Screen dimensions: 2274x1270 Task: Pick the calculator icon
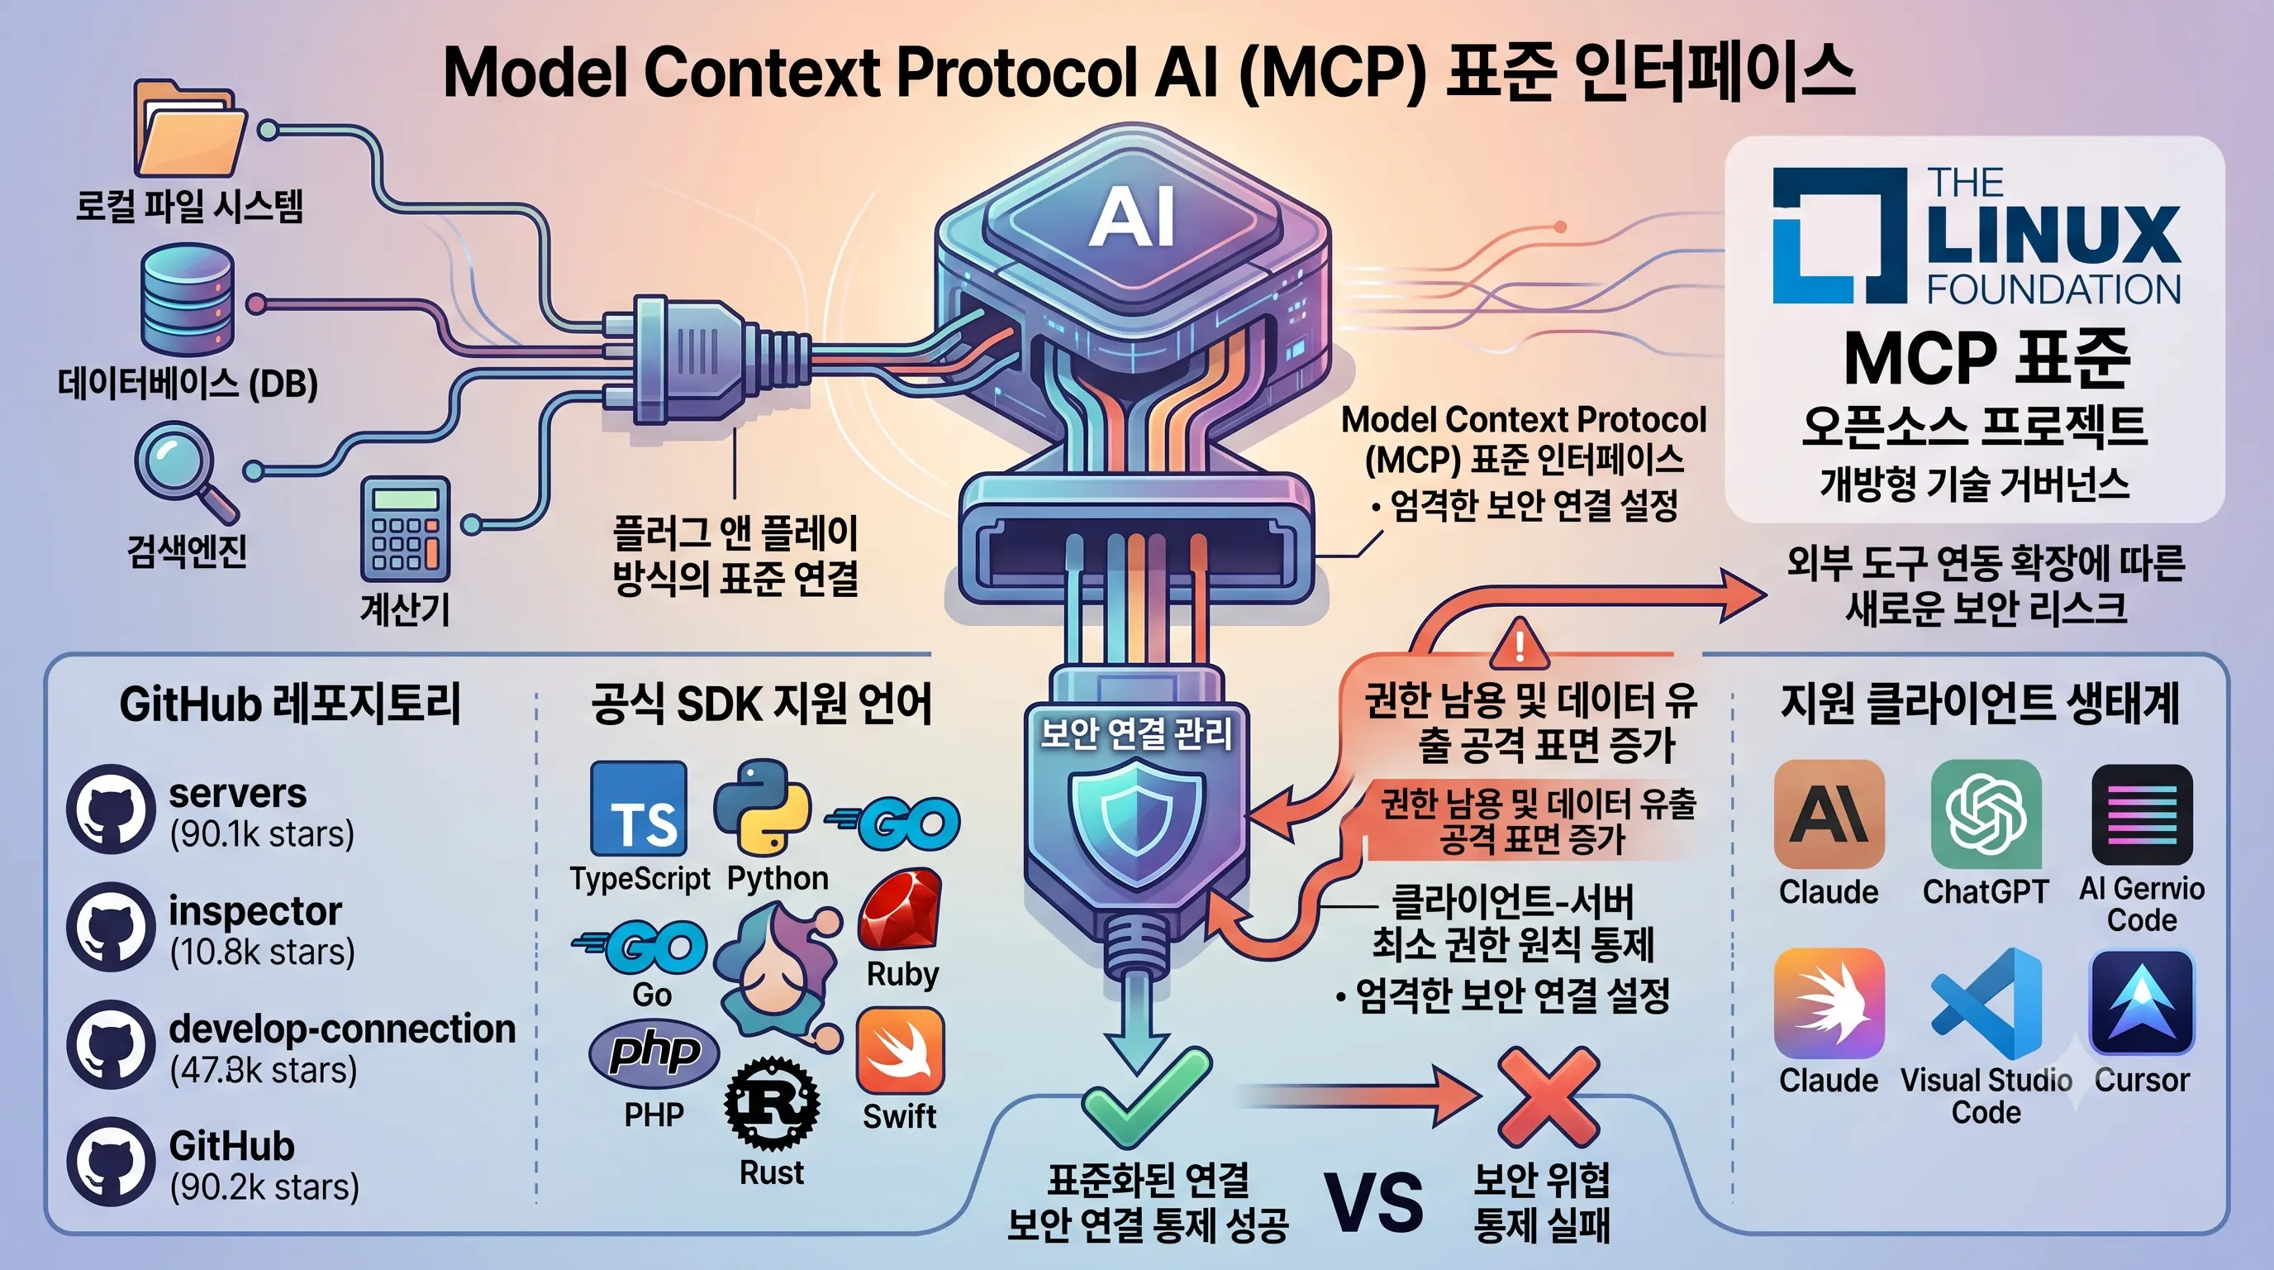pos(405,529)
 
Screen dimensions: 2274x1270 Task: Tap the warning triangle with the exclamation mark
pos(1519,644)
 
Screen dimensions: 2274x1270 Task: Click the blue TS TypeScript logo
pos(638,809)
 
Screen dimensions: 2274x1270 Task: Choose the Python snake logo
pos(762,807)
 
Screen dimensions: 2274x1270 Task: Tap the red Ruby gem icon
pos(901,909)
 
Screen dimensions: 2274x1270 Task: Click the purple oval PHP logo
pos(654,1053)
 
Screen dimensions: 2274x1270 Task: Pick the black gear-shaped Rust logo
pos(772,1104)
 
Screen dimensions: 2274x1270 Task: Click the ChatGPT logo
pos(1986,814)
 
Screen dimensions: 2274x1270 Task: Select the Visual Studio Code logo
pos(1986,1003)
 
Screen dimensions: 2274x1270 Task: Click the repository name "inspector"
pos(255,910)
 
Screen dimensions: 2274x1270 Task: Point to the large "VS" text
pos(1374,1202)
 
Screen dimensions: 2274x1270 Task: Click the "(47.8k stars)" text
pos(263,1070)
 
